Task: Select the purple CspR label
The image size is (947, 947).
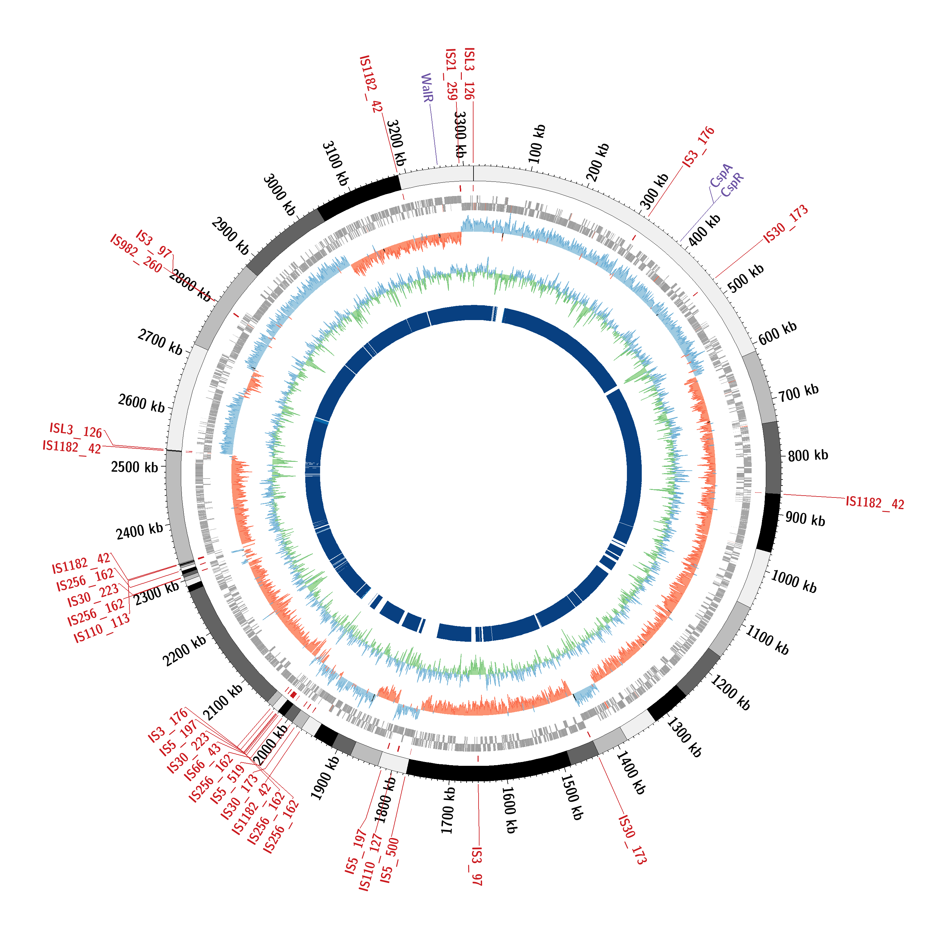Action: pyautogui.click(x=732, y=185)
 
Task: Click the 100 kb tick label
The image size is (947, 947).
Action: pyautogui.click(x=537, y=144)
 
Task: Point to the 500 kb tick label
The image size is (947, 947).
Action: pyautogui.click(x=746, y=278)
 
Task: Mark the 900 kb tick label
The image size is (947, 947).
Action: pyautogui.click(x=805, y=519)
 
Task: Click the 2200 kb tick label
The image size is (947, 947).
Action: pyautogui.click(x=185, y=651)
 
